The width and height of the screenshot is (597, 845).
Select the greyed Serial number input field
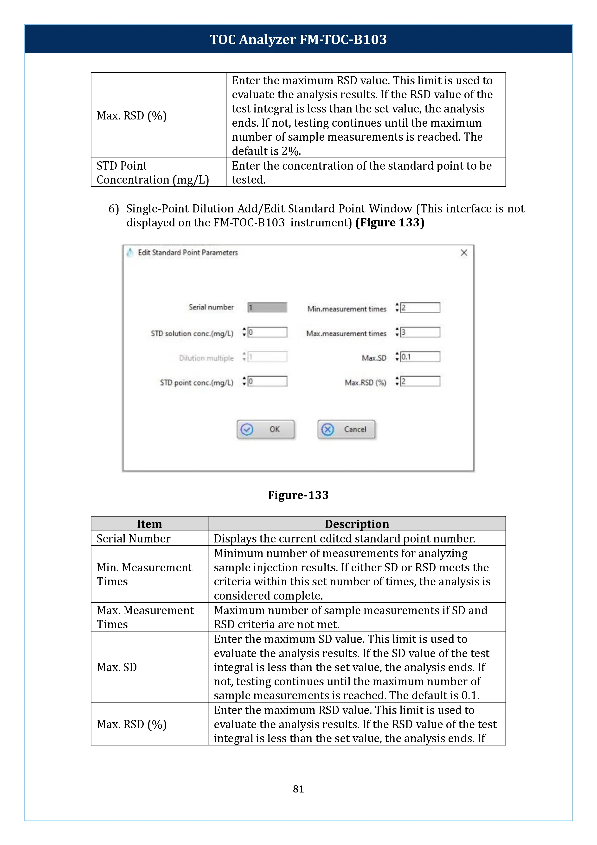pos(267,307)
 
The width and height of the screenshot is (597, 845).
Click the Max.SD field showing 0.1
pos(420,357)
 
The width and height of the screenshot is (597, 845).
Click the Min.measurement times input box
pos(420,308)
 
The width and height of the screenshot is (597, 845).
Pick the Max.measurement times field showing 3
pos(420,332)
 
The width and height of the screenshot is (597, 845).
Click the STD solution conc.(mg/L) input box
pos(267,332)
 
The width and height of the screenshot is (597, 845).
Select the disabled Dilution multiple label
pos(206,358)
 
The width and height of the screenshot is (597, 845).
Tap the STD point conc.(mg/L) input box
pos(267,381)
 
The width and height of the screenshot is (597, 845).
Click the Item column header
pos(149,524)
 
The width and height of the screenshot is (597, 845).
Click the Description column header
pos(357,524)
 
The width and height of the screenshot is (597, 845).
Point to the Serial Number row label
pos(134,538)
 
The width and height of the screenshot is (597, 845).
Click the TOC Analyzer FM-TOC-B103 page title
pos(298,39)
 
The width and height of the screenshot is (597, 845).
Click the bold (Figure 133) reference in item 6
pos(390,223)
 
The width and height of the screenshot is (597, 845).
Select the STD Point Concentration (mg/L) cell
pos(153,173)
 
